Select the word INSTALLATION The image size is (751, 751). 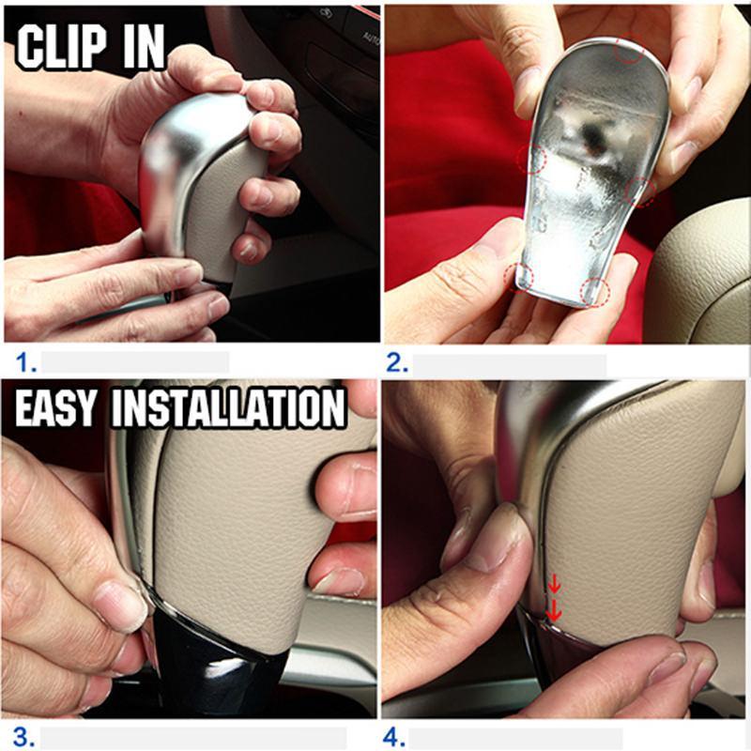pyautogui.click(x=228, y=407)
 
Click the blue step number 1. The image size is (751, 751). pyautogui.click(x=26, y=362)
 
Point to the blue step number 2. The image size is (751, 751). pyautogui.click(x=397, y=363)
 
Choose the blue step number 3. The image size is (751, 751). pyautogui.click(x=23, y=737)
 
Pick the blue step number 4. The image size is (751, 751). pyautogui.click(x=393, y=737)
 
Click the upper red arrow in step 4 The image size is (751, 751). pyautogui.click(x=554, y=584)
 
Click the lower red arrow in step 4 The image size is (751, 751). pyautogui.click(x=554, y=611)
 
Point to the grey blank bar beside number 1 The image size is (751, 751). pyautogui.click(x=135, y=362)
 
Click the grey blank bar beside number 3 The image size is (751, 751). pyautogui.click(x=193, y=738)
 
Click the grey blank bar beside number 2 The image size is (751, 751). pyautogui.click(x=510, y=365)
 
